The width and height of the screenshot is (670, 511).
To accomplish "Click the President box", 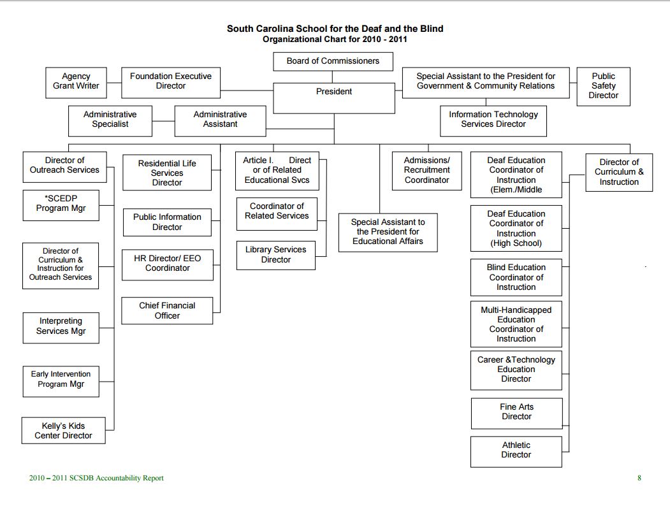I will point(334,97).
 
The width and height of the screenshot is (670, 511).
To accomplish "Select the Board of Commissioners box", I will point(333,61).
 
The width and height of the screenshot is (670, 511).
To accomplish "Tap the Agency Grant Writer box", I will point(76,82).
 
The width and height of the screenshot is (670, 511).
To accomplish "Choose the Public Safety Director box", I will point(603,86).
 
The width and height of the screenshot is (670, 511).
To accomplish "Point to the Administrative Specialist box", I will point(110,120).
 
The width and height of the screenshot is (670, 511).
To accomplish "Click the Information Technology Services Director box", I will point(493,120).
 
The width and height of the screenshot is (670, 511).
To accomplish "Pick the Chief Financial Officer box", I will point(167,311).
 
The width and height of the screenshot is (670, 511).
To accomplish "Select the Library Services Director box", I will point(275,255).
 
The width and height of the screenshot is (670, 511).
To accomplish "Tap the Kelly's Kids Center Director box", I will point(64,431).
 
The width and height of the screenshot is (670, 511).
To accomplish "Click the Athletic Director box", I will point(516,451).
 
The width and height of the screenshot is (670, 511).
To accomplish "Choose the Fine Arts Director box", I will point(516,413).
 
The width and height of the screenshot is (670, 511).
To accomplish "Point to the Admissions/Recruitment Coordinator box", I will point(427,170).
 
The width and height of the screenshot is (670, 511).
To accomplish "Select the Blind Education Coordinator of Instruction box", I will point(516,277).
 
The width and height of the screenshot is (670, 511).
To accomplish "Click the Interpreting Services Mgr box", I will point(61,327).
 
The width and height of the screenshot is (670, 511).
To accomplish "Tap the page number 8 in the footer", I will point(639,478).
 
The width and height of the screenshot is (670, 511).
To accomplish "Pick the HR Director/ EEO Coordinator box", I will point(167,264).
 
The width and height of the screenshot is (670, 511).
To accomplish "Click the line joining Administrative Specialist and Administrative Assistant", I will point(163,121).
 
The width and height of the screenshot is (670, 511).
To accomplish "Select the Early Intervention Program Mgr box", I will point(61,380).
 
